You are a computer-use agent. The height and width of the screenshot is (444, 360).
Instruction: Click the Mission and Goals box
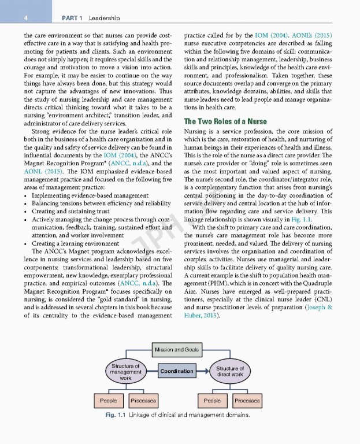coord(176,350)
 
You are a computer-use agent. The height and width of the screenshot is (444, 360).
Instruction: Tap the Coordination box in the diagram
coord(177,371)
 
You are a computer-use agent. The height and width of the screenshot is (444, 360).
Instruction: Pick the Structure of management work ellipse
coord(126,371)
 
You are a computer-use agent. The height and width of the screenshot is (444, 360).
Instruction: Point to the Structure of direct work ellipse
coord(229,371)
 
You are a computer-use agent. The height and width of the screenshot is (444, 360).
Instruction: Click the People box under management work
coord(108,400)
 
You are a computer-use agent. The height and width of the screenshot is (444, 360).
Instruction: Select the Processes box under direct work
coord(247,400)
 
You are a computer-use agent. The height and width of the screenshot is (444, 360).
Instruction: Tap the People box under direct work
coord(212,400)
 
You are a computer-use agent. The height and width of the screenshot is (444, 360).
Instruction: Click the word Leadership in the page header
coord(104,18)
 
